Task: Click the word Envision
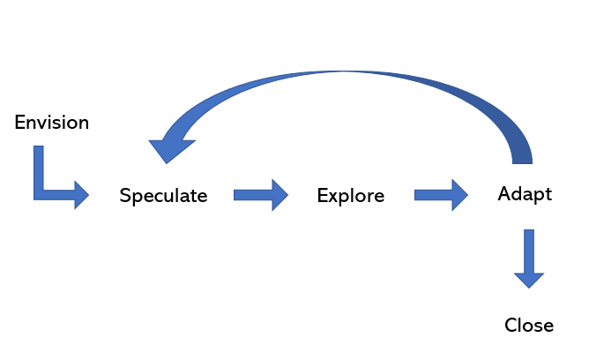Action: (52, 123)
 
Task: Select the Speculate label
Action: (163, 196)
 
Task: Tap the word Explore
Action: (350, 196)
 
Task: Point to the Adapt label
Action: (525, 194)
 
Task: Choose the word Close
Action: (528, 326)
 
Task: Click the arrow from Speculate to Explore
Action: (260, 195)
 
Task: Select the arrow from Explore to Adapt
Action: (440, 195)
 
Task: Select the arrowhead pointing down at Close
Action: (529, 277)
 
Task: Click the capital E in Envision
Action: (21, 123)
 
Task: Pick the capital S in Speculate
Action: (125, 196)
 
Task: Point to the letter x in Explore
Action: (332, 197)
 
